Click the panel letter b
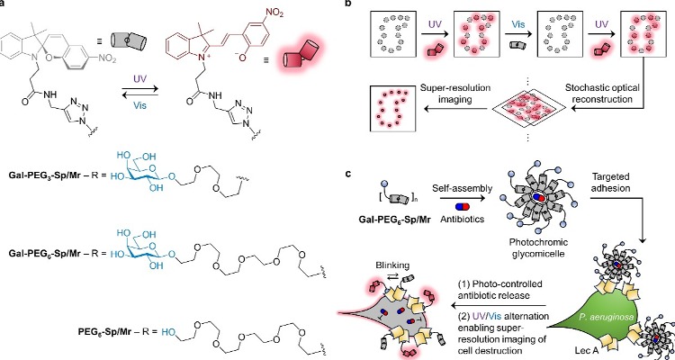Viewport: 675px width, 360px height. click(349, 3)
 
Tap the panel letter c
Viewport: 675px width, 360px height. click(348, 174)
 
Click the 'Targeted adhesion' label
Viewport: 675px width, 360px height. click(610, 183)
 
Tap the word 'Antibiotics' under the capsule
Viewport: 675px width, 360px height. click(463, 220)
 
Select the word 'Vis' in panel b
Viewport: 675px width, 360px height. click(518, 25)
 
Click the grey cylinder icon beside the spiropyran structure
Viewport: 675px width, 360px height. click(129, 40)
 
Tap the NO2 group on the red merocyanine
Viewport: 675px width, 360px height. click(274, 13)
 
